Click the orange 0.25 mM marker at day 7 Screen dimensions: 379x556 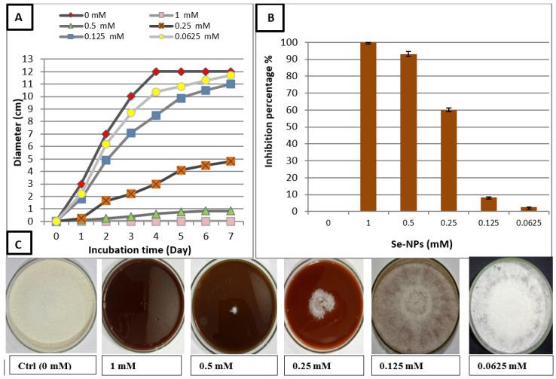click(231, 161)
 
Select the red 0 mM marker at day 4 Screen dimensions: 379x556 click(156, 72)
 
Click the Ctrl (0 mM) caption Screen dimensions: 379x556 click(49, 366)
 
